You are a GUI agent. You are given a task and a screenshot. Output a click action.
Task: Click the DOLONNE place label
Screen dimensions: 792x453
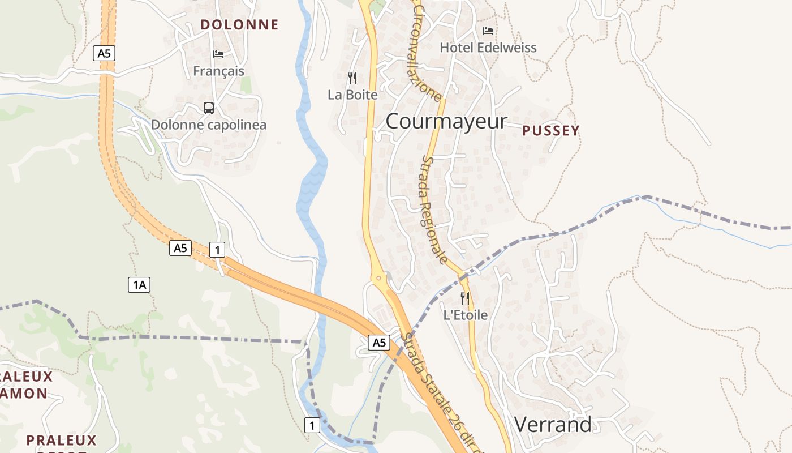tap(239, 24)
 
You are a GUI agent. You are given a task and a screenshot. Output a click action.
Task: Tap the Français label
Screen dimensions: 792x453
tap(218, 71)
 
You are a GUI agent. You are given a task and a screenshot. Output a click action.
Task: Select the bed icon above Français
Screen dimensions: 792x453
tap(218, 54)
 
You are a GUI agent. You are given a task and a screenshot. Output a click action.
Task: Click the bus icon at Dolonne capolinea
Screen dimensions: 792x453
tap(209, 108)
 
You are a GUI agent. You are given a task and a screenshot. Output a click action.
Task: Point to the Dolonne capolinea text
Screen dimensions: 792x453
tap(208, 125)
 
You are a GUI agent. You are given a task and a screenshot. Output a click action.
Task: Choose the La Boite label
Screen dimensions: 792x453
tap(352, 95)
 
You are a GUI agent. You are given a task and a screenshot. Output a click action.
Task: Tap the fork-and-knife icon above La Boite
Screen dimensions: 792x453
tap(352, 78)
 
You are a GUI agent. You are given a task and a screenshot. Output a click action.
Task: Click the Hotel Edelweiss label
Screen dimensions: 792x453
tap(488, 48)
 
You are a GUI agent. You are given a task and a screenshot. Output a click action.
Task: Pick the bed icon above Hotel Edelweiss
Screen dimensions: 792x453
tap(488, 31)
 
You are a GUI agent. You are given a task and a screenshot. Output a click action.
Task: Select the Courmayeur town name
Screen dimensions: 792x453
tap(446, 121)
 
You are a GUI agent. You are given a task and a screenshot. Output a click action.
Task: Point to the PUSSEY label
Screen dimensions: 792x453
tap(550, 131)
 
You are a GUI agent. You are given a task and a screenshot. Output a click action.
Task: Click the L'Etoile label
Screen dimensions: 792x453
tap(465, 315)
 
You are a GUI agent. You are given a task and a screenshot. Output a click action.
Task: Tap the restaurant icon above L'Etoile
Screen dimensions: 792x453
tap(465, 298)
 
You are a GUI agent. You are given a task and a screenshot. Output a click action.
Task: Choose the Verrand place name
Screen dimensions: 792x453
tap(553, 424)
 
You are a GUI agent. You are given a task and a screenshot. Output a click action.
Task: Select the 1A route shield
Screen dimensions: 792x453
tap(139, 285)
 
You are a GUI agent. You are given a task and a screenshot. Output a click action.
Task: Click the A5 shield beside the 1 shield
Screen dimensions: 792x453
tap(180, 248)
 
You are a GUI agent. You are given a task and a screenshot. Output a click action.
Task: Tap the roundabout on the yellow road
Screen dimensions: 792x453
tap(378, 278)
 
